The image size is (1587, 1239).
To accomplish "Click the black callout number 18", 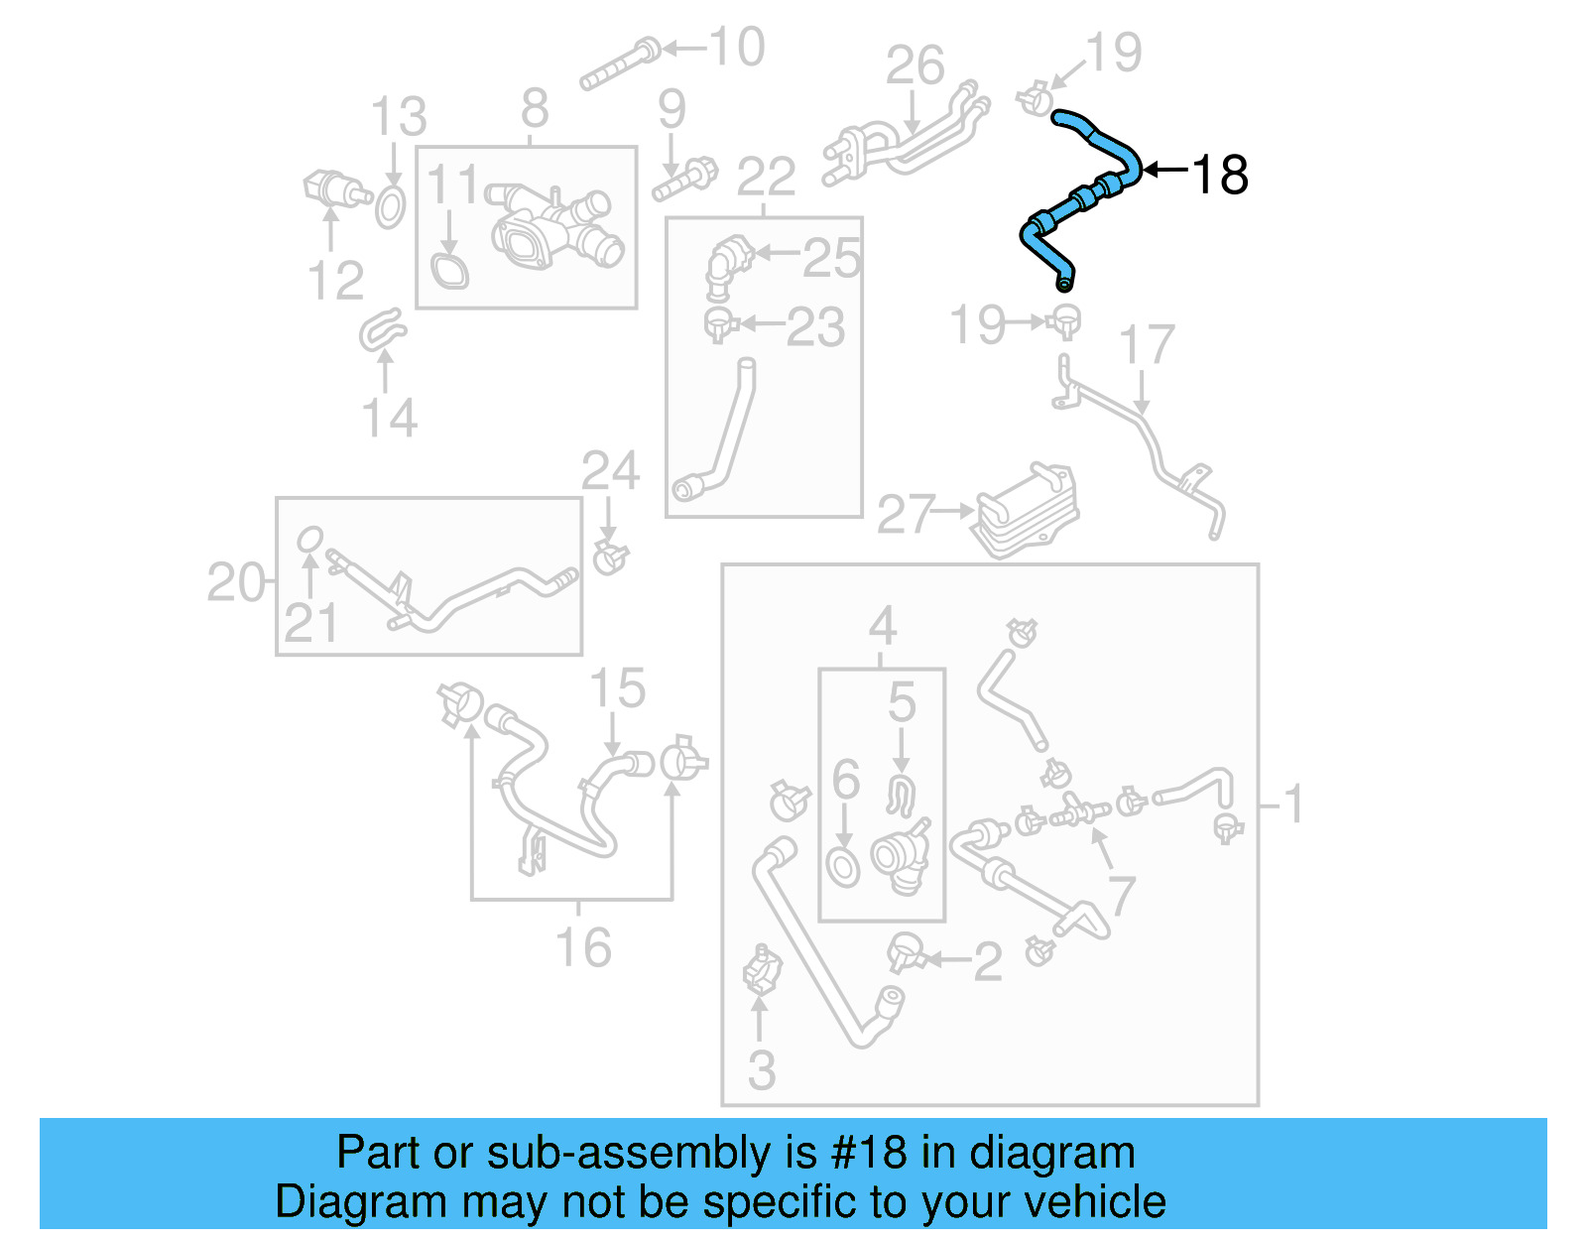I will point(1219,176).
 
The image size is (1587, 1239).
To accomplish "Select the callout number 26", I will point(914,66).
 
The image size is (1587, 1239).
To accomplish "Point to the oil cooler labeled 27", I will point(1028,510).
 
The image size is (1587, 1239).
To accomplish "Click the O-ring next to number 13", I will point(390,206).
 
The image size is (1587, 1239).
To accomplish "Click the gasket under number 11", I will point(449,271).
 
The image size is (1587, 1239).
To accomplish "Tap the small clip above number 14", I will point(382,330).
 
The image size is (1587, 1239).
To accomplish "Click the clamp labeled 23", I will point(719,323).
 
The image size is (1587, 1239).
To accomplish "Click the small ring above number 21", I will point(310,539).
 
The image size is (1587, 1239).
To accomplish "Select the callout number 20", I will point(235,582).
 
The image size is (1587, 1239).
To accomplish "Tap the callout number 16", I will point(583,947).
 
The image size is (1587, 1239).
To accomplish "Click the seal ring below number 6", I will point(843,866).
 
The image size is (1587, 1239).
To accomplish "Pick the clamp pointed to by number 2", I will point(905,953).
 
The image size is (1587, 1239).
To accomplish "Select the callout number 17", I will point(1147,345).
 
